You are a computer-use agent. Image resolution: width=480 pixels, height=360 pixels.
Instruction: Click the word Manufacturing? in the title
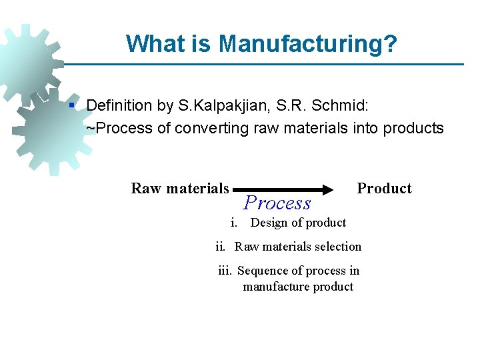pyautogui.click(x=308, y=44)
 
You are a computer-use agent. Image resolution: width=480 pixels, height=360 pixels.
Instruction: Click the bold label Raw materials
pyautogui.click(x=179, y=189)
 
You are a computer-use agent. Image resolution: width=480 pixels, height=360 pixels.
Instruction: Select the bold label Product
pyautogui.click(x=384, y=189)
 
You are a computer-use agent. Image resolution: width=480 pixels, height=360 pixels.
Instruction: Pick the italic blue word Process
pyautogui.click(x=277, y=203)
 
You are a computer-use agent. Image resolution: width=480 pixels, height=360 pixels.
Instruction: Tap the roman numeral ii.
pyautogui.click(x=221, y=247)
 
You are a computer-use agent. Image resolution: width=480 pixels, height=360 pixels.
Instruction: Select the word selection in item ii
pyautogui.click(x=337, y=247)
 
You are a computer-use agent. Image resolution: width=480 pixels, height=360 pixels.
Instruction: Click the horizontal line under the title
pyautogui.click(x=267, y=65)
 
